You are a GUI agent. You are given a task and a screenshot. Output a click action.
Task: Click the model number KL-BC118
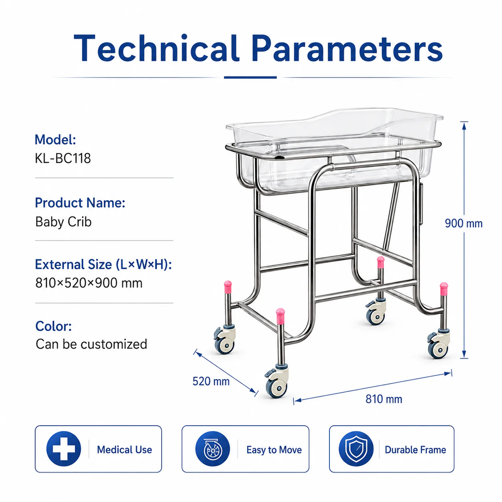[63, 158]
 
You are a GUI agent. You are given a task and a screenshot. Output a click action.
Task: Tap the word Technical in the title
[157, 48]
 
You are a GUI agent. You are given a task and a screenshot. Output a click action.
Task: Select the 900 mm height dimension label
[464, 223]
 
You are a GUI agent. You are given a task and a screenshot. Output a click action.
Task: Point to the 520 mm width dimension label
[211, 381]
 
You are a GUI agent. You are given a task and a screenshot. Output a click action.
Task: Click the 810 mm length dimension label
[384, 399]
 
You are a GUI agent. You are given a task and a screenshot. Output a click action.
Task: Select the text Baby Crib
[63, 222]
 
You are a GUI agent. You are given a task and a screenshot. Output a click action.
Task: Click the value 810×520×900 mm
[89, 283]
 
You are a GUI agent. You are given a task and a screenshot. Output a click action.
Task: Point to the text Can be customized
[91, 344]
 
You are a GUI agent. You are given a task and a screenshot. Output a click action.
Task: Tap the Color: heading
[53, 326]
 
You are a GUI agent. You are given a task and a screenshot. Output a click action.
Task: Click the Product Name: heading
[80, 203]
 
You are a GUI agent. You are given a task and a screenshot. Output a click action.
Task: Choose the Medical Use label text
[124, 450]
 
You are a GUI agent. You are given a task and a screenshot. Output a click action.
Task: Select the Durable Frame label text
[415, 450]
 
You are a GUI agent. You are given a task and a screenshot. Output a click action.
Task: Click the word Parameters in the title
[347, 48]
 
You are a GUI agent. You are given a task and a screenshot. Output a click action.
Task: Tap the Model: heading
[55, 140]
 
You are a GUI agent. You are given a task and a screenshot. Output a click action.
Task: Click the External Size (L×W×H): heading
[103, 265]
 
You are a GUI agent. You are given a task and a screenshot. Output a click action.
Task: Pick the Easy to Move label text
[274, 450]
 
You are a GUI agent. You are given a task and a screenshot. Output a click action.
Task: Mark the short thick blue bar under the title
[250, 77]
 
